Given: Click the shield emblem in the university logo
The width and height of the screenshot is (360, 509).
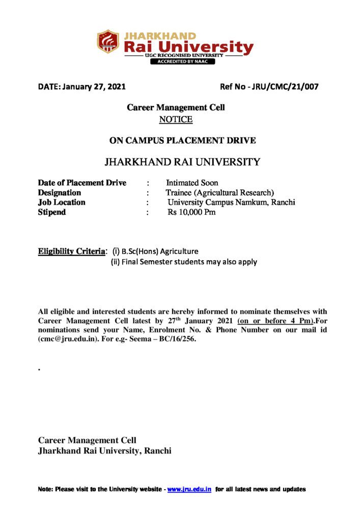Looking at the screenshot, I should point(108,42).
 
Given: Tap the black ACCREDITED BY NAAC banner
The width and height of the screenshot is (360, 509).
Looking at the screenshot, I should point(182,62).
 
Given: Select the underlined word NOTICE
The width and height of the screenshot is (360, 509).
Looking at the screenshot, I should point(176,120).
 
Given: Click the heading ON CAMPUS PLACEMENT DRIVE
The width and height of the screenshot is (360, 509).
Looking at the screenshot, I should point(183,140).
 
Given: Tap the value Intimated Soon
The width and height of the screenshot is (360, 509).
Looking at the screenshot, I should point(192,183).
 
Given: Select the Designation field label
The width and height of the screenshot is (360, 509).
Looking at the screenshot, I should point(59,193).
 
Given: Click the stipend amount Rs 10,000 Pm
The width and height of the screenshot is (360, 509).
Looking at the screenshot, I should point(191,212).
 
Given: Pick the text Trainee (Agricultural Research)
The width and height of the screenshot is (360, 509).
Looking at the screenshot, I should point(219,193).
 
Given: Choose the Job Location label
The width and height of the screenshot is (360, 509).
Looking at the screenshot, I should point(62,203).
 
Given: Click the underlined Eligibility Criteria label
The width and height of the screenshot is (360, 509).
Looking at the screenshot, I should point(71,251).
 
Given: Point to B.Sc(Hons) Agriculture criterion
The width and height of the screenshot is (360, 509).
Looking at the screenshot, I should point(160,251).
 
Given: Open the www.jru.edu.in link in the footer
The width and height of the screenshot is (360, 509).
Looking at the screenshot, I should point(189,489).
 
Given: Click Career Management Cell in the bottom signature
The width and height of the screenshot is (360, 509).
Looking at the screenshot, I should point(87,440).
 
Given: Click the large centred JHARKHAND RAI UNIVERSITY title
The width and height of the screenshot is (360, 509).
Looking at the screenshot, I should point(182,162).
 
